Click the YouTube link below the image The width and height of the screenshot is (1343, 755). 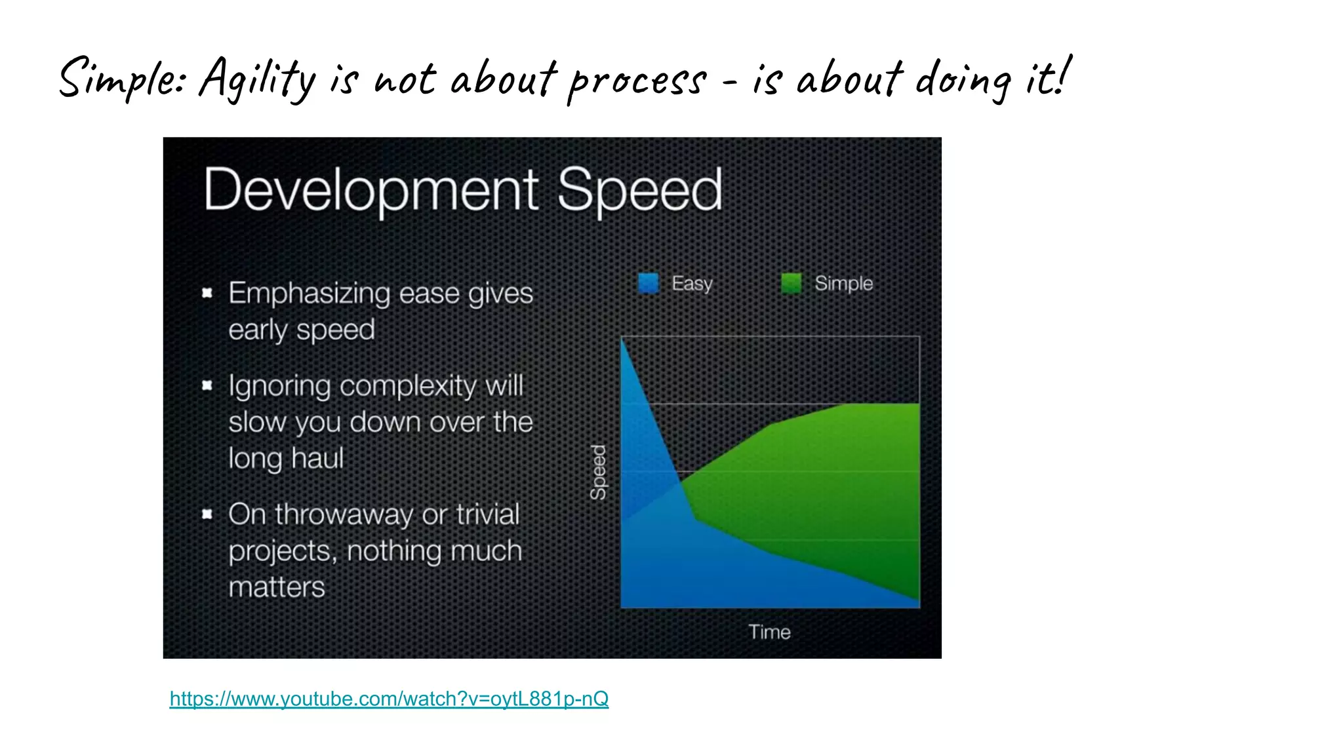tap(389, 699)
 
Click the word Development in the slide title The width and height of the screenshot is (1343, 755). tap(371, 190)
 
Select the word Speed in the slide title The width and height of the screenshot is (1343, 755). tap(639, 190)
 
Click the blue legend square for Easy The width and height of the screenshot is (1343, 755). tap(649, 283)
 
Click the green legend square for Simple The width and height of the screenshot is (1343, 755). tap(792, 283)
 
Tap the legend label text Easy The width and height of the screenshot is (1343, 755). tap(692, 283)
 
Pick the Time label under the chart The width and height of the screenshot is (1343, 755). tap(769, 632)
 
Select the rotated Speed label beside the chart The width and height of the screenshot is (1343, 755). tap(598, 472)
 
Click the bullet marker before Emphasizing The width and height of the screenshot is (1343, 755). tap(207, 293)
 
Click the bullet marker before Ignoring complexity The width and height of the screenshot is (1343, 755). tap(207, 385)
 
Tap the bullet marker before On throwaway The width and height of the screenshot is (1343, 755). tap(207, 514)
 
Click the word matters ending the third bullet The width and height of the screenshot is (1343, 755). tap(276, 587)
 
